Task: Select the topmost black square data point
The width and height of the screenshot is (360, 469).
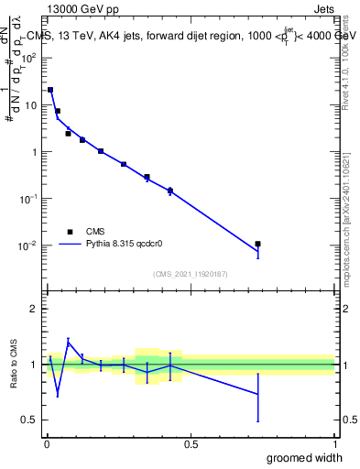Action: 50,90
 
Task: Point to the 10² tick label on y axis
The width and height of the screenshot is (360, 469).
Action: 29,58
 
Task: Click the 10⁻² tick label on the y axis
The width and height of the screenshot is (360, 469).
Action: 28,245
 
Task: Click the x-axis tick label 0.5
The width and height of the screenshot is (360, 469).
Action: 191,444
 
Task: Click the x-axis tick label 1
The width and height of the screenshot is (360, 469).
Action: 335,444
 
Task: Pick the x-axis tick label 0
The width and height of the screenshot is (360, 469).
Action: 47,444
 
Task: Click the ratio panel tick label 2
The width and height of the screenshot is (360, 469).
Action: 34,309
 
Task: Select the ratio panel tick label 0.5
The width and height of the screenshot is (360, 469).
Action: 29,420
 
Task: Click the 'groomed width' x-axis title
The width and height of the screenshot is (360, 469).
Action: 303,457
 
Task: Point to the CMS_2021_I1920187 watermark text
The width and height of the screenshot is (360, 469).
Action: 191,273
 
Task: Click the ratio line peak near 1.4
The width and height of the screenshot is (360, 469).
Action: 68,341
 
